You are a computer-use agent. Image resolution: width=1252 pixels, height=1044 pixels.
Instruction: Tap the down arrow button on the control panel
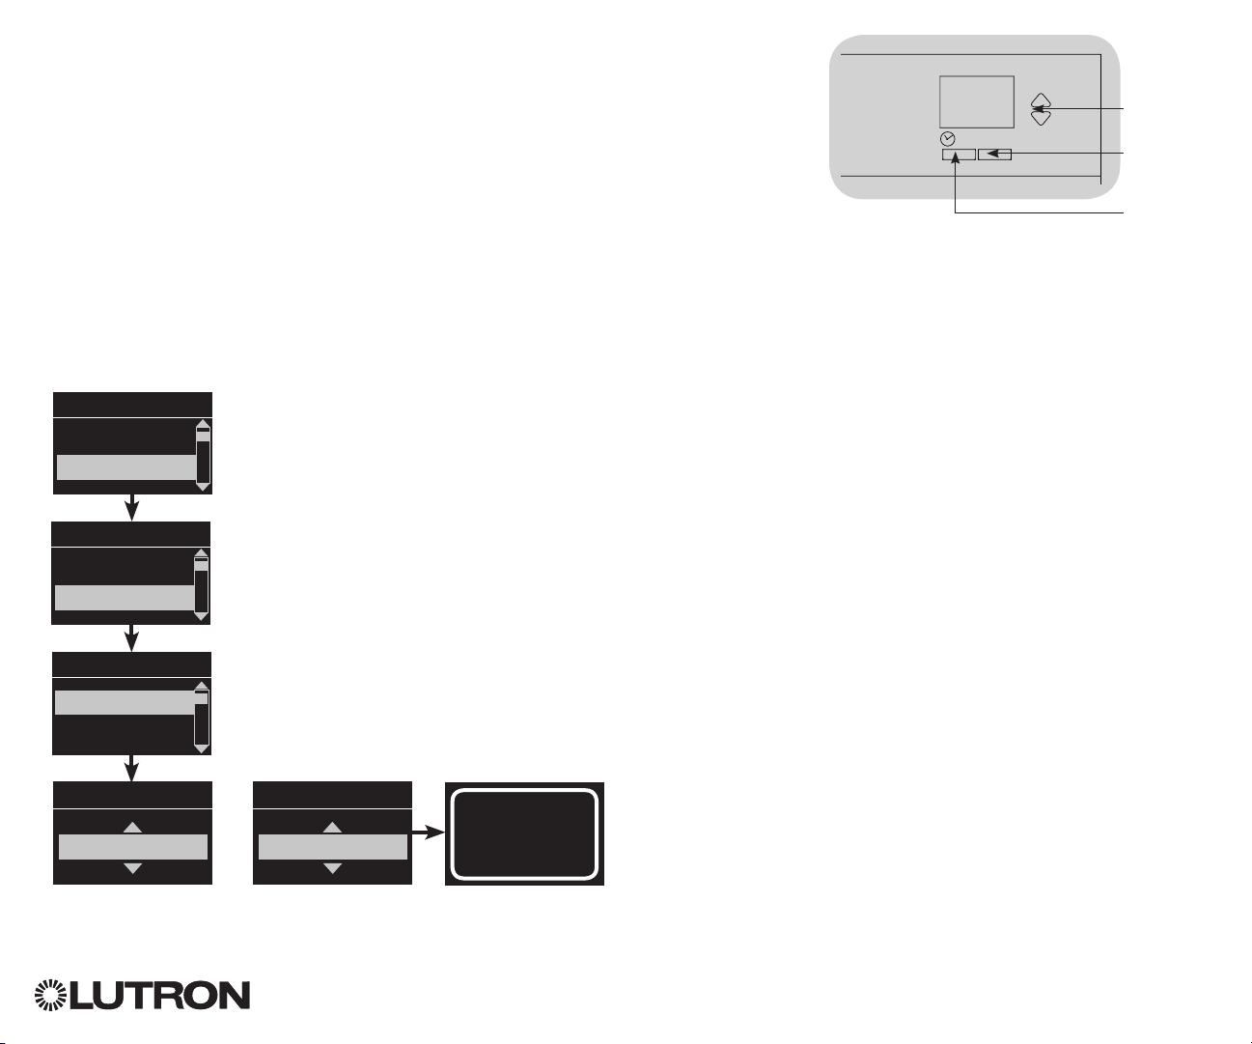coord(1040,118)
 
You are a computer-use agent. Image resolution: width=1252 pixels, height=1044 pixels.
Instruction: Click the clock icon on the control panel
coord(948,138)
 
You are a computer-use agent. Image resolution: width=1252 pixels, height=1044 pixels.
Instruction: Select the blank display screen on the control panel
coord(976,101)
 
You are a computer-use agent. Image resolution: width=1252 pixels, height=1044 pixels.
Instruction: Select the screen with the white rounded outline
coord(524,834)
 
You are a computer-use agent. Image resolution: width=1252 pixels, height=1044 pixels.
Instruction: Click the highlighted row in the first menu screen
coord(125,467)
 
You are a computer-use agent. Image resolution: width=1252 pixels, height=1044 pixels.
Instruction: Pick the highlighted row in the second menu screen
coord(125,598)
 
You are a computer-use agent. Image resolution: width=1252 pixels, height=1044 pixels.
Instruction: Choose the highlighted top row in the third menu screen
coord(125,702)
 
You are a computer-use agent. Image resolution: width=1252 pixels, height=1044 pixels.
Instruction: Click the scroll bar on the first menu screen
coord(203,456)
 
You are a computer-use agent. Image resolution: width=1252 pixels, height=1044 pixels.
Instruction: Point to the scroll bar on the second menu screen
coord(201,585)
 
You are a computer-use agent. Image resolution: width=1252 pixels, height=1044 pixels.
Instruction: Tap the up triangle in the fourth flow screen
coord(133,828)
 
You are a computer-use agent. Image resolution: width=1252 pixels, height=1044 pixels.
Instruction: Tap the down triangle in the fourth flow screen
coord(133,869)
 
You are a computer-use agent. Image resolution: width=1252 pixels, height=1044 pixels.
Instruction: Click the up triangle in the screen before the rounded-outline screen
coord(332,828)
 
